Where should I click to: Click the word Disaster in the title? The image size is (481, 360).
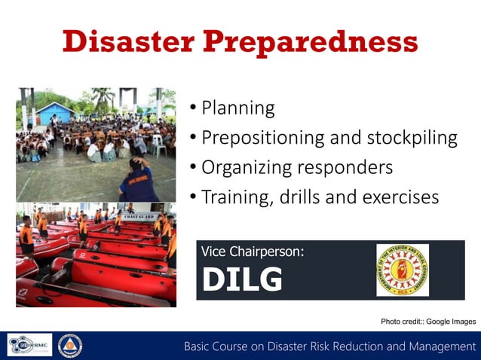pyautogui.click(x=128, y=41)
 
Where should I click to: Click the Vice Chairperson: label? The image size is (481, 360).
pyautogui.click(x=253, y=252)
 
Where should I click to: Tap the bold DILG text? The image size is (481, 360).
pyautogui.click(x=242, y=280)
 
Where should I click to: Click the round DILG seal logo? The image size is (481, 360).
pyautogui.click(x=402, y=270)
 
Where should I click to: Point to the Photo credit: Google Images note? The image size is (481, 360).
pyautogui.click(x=427, y=322)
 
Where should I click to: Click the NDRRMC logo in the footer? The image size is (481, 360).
pyautogui.click(x=29, y=345)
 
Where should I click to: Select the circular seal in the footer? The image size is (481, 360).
pyautogui.click(x=70, y=345)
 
